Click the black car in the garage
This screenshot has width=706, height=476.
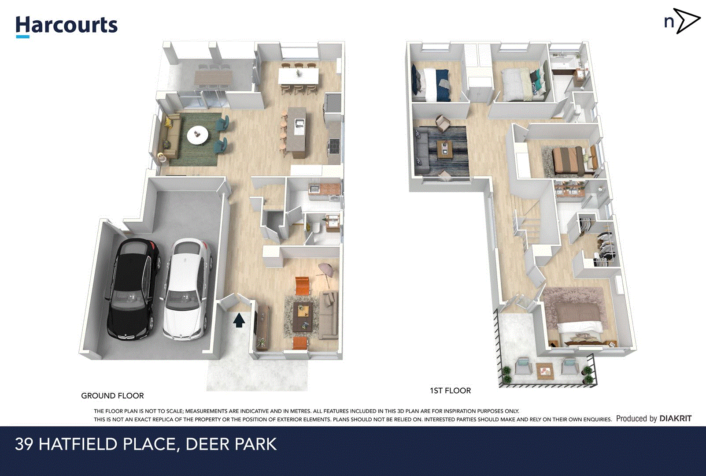pos(131,289)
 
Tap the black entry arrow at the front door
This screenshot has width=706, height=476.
pos(239,320)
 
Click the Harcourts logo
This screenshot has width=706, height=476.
pos(67,26)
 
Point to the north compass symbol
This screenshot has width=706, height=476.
pos(682,21)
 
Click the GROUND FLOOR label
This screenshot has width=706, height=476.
pos(112,396)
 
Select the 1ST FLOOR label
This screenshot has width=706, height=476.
pos(450,390)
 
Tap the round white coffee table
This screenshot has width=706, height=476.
pos(197,134)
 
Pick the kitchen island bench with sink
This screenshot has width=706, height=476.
pos(299,131)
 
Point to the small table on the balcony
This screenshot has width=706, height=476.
pos(545,370)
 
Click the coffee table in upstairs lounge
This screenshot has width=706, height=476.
pos(445,149)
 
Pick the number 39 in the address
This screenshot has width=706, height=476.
pos(24,444)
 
